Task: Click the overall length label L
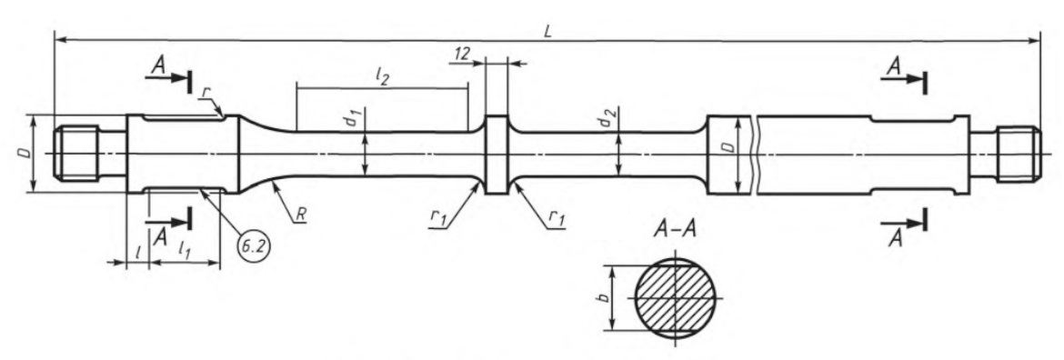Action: pos(547,32)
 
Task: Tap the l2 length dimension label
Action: pos(382,77)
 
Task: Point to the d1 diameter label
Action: pos(351,120)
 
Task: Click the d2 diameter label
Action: pos(603,121)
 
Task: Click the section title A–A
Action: pos(675,231)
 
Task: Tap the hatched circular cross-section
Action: pos(676,297)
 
